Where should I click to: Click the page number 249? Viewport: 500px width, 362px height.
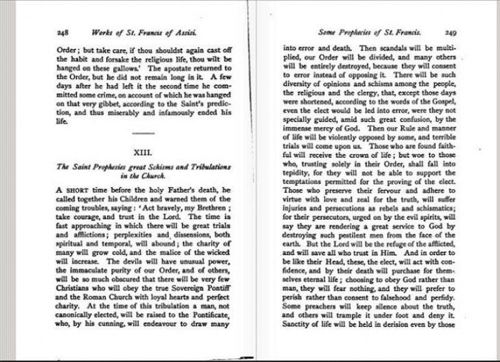click(x=449, y=30)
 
